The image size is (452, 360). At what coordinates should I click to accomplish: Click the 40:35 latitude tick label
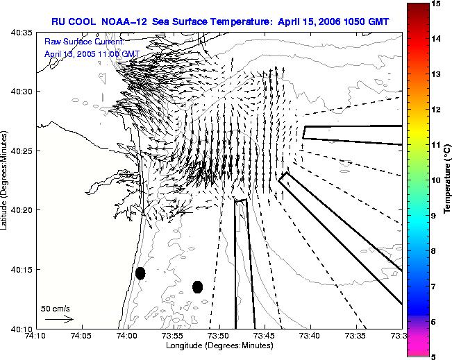[x=22, y=33]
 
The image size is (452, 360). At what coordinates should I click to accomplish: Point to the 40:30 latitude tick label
[x=22, y=92]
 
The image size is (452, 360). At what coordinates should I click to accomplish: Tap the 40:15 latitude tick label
[x=22, y=270]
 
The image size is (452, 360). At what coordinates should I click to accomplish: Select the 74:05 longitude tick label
[x=83, y=336]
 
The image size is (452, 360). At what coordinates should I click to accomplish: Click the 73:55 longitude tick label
[x=174, y=336]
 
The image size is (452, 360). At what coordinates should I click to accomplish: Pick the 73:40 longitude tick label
[x=311, y=336]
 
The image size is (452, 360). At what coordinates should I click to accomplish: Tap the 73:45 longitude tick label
[x=265, y=336]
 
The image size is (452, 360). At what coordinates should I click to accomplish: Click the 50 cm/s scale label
[x=56, y=309]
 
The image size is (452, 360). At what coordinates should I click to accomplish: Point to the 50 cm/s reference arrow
[x=59, y=319]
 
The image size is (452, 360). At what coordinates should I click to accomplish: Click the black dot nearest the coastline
[x=140, y=273]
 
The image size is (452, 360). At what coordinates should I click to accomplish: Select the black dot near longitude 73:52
[x=197, y=287]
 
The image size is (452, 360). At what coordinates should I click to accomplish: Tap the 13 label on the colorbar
[x=437, y=74]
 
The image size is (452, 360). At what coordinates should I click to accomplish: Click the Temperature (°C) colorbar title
[x=447, y=179]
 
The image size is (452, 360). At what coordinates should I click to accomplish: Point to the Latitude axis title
[x=3, y=180]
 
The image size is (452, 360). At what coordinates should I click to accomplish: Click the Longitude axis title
[x=219, y=345]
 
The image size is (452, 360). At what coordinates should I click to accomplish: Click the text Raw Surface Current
[x=84, y=42]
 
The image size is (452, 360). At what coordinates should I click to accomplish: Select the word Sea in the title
[x=160, y=22]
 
